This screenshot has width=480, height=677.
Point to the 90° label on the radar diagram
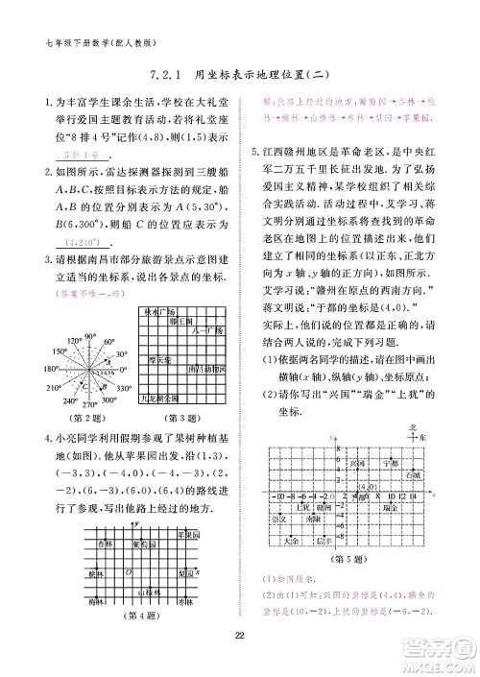click(x=88, y=335)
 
